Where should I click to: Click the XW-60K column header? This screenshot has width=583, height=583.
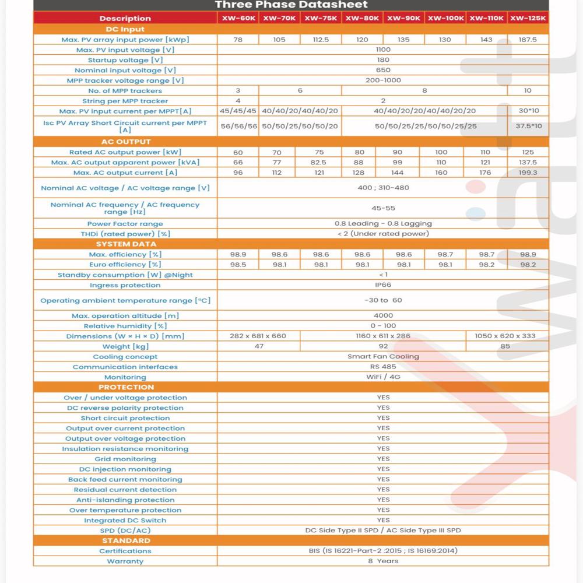tap(238, 18)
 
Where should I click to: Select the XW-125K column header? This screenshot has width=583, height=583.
tap(528, 18)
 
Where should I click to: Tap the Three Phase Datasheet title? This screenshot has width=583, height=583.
tap(291, 5)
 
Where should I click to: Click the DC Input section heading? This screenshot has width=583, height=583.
tap(125, 29)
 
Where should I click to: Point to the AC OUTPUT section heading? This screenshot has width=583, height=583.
tap(125, 142)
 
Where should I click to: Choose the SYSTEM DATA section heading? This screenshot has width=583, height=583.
tap(125, 244)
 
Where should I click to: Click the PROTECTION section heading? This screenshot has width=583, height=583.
tap(125, 387)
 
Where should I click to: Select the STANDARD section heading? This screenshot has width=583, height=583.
tap(125, 540)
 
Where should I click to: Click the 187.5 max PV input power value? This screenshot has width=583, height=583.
tap(528, 40)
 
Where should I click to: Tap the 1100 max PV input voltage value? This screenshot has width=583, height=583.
tap(383, 50)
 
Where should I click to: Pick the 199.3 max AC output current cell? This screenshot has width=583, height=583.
tap(528, 173)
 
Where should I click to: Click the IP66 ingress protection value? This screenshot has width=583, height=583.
tap(383, 285)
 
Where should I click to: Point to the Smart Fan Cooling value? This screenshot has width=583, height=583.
tap(383, 356)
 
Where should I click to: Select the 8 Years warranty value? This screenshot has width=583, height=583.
tap(383, 561)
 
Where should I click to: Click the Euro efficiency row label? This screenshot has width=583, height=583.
tap(125, 265)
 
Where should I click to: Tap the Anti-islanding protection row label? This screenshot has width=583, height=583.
tap(125, 500)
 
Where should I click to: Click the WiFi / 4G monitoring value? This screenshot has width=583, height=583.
tap(383, 377)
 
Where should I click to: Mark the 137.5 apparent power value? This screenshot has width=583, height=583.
tap(528, 163)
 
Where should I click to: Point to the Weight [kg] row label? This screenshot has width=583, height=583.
tap(125, 346)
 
